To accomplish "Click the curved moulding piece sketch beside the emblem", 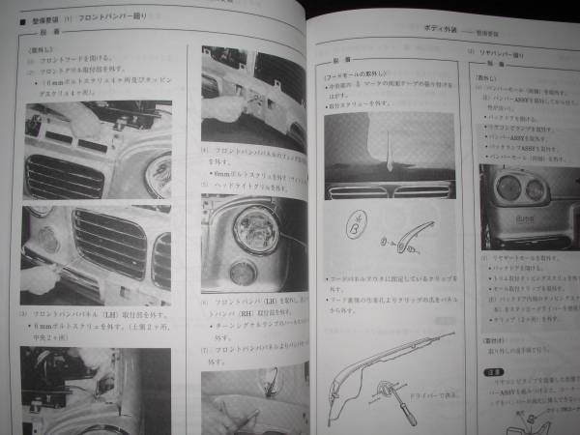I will click(417, 238).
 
